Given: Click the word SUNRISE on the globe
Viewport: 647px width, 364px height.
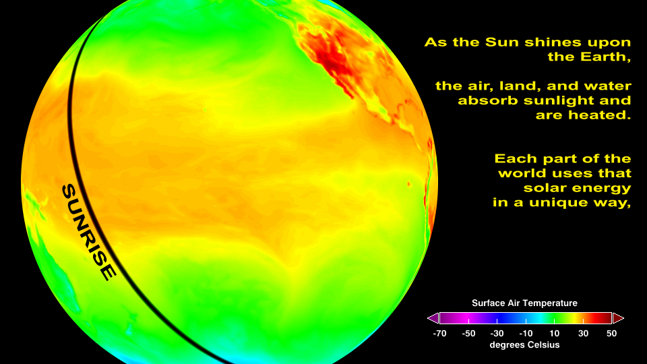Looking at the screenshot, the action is (x=88, y=232).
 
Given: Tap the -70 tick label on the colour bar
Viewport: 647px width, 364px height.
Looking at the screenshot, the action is (x=440, y=334).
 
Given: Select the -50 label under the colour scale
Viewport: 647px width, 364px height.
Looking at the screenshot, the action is (x=469, y=334).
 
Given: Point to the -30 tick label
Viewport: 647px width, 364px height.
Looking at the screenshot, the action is (x=497, y=334).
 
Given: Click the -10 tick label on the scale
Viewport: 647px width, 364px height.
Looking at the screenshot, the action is (x=526, y=334).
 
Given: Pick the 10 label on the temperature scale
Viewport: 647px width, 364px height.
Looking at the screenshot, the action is (x=555, y=334).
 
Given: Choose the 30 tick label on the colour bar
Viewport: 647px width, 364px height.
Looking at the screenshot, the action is (x=583, y=334).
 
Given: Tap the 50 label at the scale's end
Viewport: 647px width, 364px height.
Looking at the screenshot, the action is (x=611, y=334).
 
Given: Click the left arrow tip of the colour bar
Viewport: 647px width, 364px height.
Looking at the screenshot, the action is (x=428, y=318).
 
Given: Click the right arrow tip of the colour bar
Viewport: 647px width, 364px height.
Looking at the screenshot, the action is (x=623, y=318).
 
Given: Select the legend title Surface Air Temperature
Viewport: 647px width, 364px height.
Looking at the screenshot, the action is (x=524, y=303).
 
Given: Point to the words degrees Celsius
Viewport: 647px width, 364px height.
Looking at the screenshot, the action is (x=524, y=345).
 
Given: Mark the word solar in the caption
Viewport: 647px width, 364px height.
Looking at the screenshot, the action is (x=543, y=188).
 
